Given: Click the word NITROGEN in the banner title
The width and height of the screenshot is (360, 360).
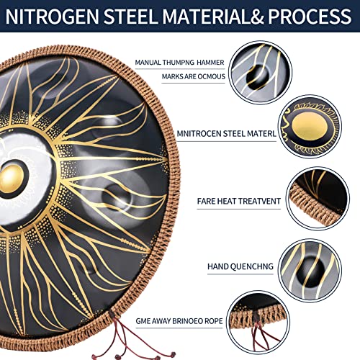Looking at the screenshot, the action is click(52, 17).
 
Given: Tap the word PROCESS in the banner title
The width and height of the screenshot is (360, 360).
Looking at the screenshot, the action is click(310, 17).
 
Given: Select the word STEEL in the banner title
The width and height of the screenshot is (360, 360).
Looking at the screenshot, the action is click(130, 17).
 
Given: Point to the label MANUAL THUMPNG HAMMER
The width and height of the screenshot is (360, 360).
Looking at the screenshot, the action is click(179, 63).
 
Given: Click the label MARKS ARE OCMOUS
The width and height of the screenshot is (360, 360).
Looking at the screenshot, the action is click(194, 77).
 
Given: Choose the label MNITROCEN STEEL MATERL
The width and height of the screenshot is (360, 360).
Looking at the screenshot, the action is click(227, 134).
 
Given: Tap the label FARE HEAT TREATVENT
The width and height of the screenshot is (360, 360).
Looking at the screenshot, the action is click(239, 201).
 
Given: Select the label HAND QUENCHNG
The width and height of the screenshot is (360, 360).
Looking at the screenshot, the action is click(240, 266).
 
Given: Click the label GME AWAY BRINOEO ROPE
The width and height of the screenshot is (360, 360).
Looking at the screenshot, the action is click(179, 321).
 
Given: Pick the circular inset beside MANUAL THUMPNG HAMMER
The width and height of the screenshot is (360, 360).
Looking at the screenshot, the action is click(261, 73).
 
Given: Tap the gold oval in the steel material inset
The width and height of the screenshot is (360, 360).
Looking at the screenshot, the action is click(310, 125).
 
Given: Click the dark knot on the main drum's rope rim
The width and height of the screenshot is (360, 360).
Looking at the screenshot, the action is click(112, 314).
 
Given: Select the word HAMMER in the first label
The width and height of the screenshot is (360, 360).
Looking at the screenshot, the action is click(210, 63).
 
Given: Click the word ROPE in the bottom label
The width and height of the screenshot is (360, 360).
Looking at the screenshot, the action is click(214, 321).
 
